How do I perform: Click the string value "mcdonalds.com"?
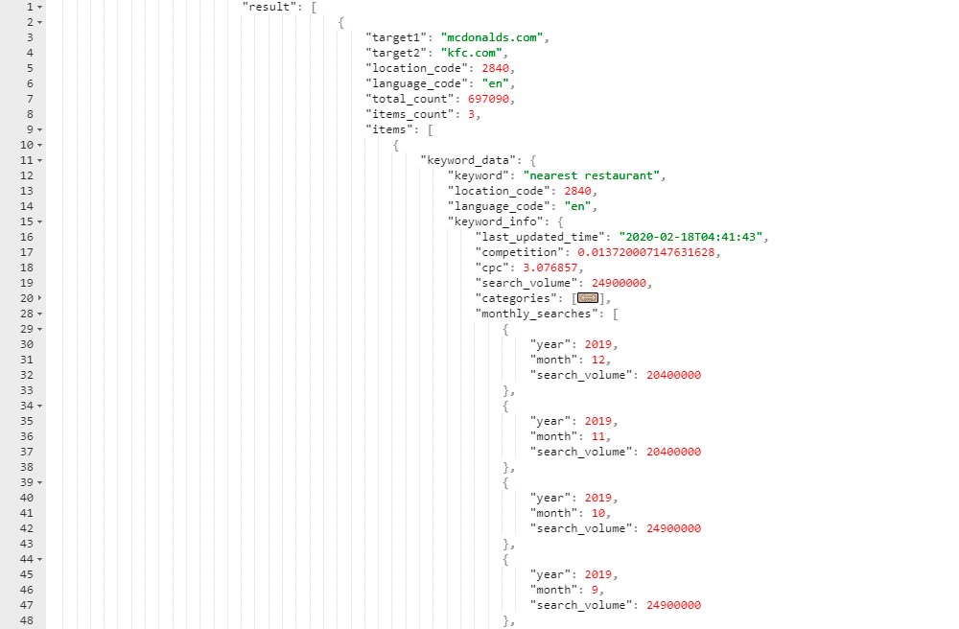click(x=492, y=37)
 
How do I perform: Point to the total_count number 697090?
click(x=489, y=99)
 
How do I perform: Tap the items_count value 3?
click(x=472, y=114)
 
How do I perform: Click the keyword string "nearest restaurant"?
click(x=592, y=175)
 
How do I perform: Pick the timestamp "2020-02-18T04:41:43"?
click(x=691, y=237)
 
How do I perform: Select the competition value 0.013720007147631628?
click(x=645, y=252)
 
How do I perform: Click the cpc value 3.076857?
click(x=550, y=268)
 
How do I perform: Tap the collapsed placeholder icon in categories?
click(x=588, y=298)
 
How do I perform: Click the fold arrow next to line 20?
click(x=39, y=298)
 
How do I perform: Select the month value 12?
click(x=598, y=360)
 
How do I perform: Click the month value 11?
click(x=598, y=436)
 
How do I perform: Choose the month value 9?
click(x=595, y=590)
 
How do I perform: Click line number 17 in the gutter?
click(x=27, y=252)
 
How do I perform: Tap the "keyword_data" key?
click(x=468, y=160)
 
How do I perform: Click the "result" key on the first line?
click(x=269, y=7)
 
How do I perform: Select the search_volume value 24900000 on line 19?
click(x=619, y=283)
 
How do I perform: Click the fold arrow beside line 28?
click(x=39, y=314)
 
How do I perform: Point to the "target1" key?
click(x=396, y=37)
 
